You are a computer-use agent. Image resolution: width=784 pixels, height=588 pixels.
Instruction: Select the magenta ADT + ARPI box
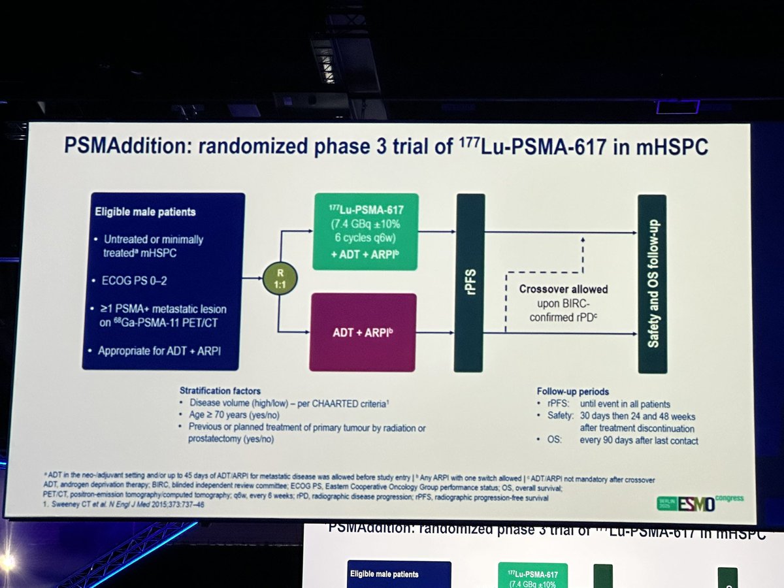[x=363, y=332]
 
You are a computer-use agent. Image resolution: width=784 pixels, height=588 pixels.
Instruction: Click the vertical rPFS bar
[x=470, y=282]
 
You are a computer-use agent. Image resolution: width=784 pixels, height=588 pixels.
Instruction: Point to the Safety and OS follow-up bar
[x=652, y=284]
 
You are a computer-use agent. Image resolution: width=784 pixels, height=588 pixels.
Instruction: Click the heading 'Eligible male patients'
[x=145, y=212]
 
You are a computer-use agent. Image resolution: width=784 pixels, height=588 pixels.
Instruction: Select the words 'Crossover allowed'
[x=563, y=289]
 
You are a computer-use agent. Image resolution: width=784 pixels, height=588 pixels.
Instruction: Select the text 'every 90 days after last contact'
[x=638, y=440]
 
